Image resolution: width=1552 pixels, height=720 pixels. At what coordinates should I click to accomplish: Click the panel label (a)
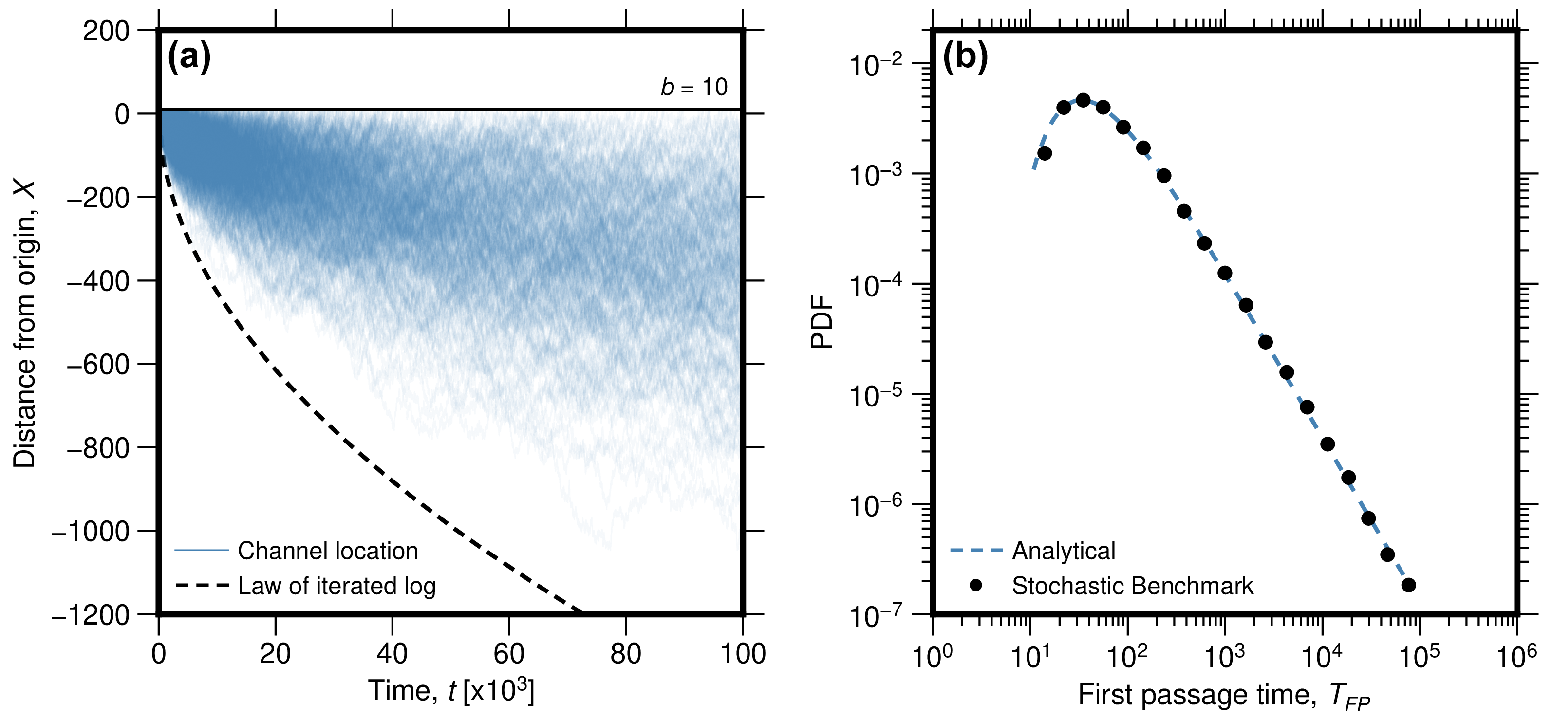188,58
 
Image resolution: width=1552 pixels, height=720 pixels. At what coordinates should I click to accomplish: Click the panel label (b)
965,58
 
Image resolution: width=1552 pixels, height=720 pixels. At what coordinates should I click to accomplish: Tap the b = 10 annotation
694,88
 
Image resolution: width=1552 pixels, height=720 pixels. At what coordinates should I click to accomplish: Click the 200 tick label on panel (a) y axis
106,31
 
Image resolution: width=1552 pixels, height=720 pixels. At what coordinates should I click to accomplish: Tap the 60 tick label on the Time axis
509,654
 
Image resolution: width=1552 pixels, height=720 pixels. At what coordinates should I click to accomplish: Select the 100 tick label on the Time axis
743,654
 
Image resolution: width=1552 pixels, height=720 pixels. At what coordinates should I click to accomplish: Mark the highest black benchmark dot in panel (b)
1083,100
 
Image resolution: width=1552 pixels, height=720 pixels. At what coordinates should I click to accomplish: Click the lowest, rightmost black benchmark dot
1409,585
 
